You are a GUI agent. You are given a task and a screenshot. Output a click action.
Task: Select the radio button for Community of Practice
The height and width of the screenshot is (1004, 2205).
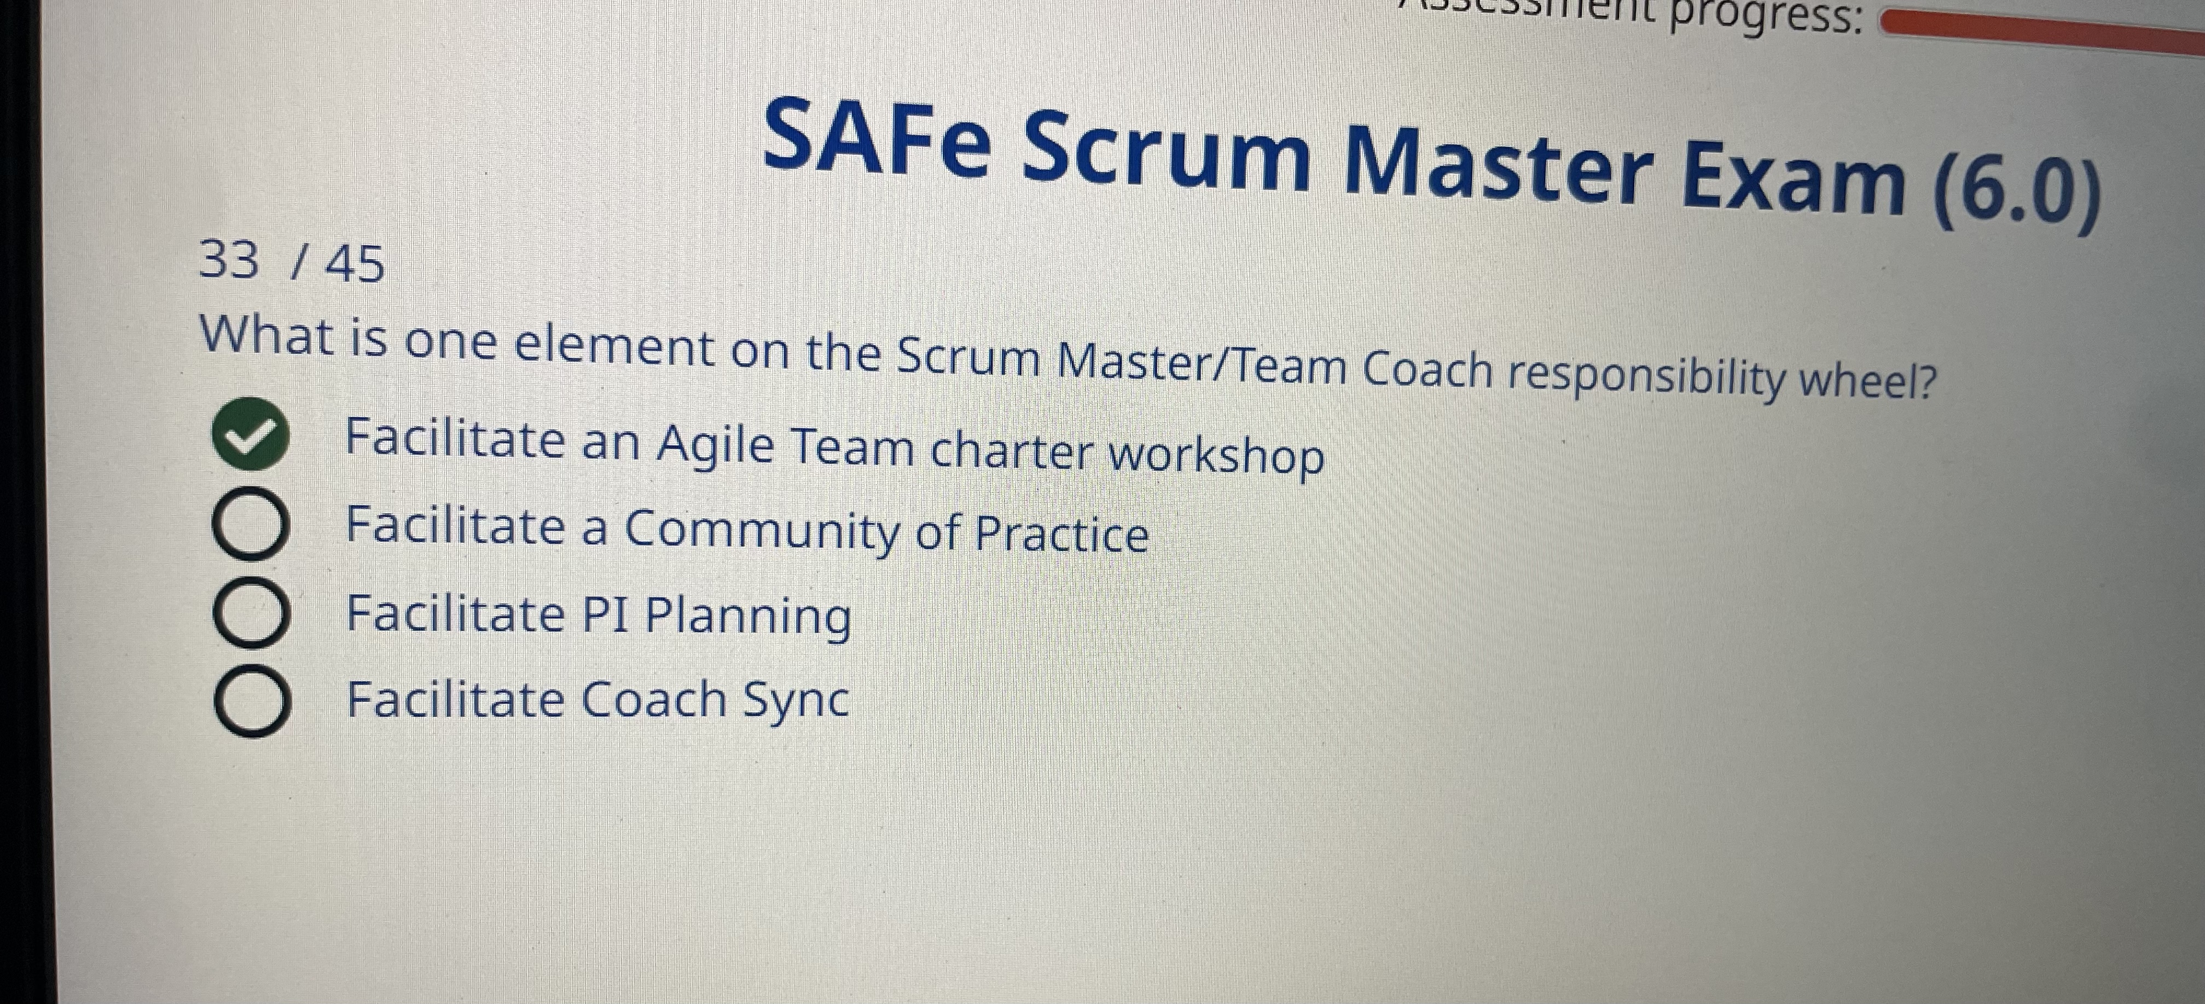click(249, 526)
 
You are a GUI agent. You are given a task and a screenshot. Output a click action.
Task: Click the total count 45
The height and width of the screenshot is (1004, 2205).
click(355, 264)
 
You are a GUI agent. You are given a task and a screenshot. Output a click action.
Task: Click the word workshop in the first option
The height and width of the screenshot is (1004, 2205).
click(1216, 457)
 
